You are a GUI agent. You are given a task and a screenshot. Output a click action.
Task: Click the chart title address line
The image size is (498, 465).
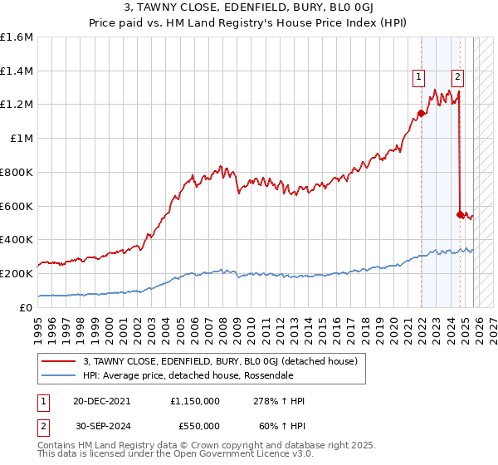[248, 9]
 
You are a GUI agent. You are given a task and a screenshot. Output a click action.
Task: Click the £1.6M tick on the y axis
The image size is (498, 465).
[17, 37]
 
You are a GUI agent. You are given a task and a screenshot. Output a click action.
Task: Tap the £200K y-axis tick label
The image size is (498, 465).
[17, 273]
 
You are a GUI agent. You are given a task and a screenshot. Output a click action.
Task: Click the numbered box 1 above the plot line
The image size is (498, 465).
[420, 77]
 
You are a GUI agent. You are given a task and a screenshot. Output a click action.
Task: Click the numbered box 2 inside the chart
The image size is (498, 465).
[457, 77]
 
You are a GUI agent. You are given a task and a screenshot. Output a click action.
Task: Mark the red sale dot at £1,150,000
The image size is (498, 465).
[421, 113]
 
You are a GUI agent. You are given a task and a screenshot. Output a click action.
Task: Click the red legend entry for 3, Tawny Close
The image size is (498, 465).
[220, 360]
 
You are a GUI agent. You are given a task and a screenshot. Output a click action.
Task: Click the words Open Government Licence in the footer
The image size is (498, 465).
[242, 454]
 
